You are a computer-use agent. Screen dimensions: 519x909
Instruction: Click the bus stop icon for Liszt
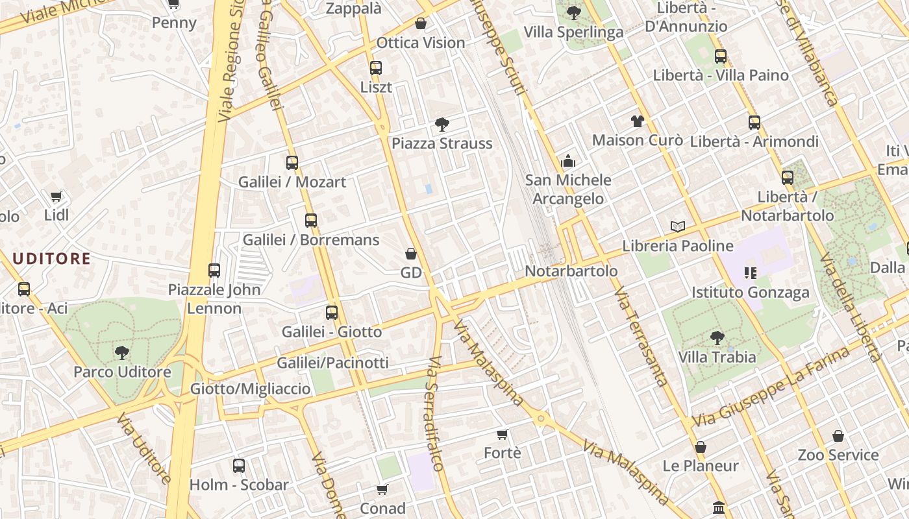[375, 67]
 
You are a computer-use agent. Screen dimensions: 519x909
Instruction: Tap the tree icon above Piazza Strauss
[442, 124]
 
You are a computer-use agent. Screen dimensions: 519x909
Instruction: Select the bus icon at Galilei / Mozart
[292, 162]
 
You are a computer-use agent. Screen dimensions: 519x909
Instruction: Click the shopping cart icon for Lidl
[56, 195]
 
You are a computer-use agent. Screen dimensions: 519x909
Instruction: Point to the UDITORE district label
[52, 259]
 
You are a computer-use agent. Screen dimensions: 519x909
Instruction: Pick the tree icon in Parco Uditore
[121, 353]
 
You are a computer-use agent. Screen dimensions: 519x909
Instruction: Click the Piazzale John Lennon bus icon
[214, 270]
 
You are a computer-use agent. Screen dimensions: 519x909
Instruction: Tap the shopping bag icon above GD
[411, 253]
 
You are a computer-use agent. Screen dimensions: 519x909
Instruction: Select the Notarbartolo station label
[571, 271]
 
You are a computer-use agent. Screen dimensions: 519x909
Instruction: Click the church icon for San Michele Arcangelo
[568, 161]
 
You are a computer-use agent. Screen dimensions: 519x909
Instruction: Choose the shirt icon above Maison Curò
[637, 121]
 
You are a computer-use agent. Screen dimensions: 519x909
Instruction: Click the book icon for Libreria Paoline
[678, 226]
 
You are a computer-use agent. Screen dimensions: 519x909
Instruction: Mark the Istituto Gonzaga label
[751, 292]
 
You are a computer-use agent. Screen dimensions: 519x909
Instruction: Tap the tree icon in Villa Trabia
[717, 337]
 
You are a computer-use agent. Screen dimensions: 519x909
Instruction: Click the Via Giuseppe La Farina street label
[771, 387]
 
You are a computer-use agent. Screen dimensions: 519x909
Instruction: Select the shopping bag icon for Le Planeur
[700, 447]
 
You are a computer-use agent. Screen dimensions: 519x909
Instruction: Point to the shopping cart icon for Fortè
[502, 434]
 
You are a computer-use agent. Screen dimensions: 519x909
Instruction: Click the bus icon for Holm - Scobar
[239, 465]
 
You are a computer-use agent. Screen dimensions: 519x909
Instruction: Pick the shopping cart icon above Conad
[382, 489]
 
